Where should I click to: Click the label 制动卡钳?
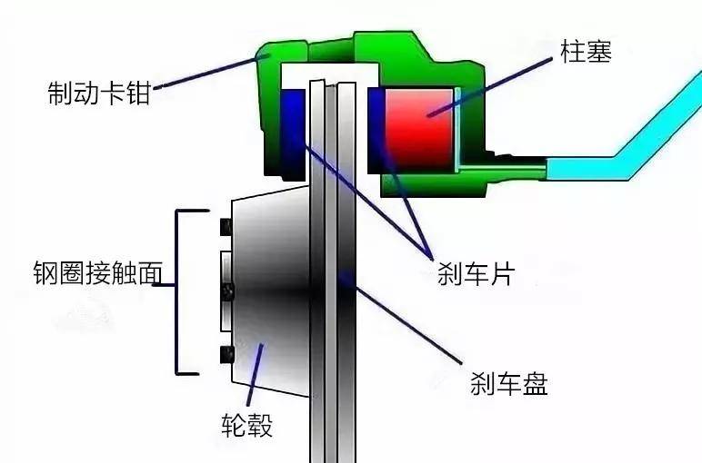98,93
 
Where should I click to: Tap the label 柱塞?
586,52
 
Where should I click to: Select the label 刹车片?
476,273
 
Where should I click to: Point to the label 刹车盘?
509,383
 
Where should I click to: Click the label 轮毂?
246,424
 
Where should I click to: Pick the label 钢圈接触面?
97,272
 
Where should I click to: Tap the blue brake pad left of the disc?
293,132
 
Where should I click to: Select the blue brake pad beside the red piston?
376,131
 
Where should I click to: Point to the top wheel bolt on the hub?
226,227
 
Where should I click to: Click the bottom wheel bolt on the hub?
227,354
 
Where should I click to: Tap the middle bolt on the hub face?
228,291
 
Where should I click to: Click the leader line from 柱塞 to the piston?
491,86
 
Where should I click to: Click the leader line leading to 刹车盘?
401,318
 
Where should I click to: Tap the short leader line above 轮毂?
255,375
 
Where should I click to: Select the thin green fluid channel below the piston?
502,169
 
